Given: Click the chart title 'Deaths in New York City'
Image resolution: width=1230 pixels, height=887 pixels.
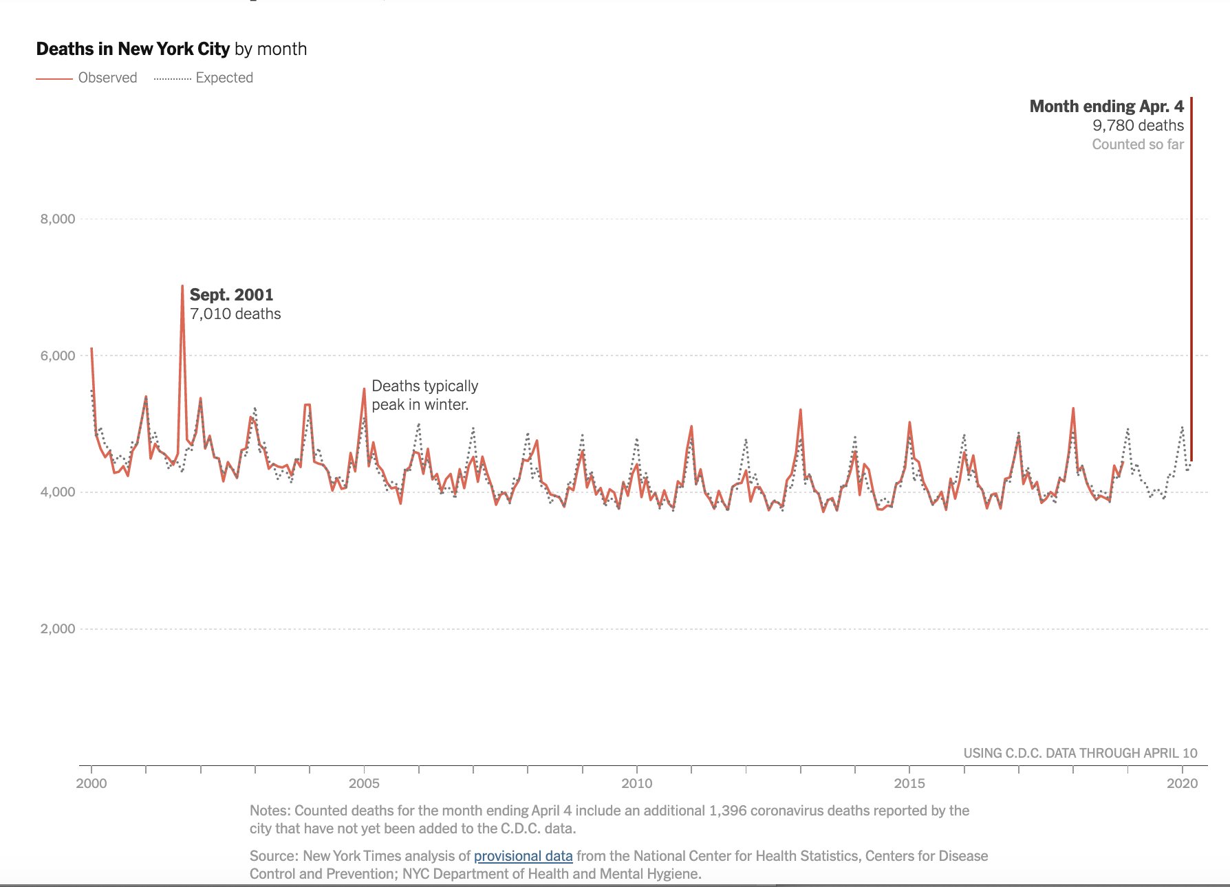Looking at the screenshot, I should [x=133, y=50].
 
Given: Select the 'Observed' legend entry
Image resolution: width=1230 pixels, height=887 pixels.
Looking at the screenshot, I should [x=107, y=78].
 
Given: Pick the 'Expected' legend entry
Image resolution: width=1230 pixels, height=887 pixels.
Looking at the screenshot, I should [x=224, y=78].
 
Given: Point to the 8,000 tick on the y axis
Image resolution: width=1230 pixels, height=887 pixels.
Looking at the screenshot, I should [x=58, y=219].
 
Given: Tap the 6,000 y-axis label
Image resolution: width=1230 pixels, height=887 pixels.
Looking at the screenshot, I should [x=58, y=355].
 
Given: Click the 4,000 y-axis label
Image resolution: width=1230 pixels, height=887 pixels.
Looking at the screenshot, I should [x=58, y=492].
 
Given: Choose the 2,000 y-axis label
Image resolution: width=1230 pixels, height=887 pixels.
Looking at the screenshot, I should [x=58, y=628].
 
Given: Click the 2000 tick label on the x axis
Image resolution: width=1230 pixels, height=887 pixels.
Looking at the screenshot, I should [x=91, y=783].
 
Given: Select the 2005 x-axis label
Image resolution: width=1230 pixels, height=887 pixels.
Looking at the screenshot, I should [x=364, y=783].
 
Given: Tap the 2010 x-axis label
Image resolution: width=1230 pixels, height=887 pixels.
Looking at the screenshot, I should [x=637, y=783].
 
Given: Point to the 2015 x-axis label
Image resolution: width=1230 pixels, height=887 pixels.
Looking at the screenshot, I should [x=909, y=783].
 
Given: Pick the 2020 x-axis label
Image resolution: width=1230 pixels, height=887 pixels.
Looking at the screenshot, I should [x=1182, y=783].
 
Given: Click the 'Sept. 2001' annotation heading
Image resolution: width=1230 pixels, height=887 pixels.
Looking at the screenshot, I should [x=231, y=295].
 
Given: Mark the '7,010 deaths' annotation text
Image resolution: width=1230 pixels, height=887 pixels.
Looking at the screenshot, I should [x=235, y=314].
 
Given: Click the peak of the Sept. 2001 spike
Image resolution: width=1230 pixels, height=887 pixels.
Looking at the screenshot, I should [x=182, y=286].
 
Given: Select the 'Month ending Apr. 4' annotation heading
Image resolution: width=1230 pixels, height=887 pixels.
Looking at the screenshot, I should [x=1106, y=107].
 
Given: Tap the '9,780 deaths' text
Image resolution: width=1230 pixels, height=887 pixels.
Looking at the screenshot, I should [x=1138, y=126].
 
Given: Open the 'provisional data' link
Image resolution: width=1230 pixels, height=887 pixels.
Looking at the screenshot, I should [x=523, y=856].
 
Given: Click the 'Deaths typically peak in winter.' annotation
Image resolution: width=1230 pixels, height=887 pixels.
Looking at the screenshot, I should [x=424, y=395].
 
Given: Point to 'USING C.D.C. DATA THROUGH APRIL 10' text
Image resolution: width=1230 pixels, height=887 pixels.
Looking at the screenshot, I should [x=1080, y=753].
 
